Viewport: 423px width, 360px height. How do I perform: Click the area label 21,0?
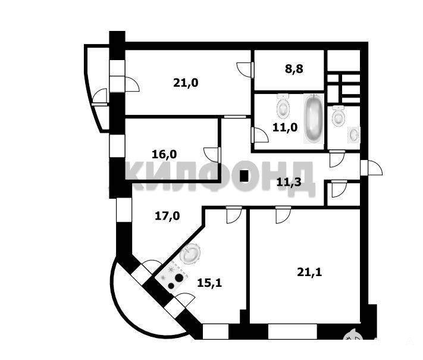(x=186, y=83)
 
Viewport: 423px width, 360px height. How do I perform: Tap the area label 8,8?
(x=294, y=68)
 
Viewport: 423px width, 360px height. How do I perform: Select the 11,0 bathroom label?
(x=284, y=127)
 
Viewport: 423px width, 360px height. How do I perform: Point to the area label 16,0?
(x=164, y=154)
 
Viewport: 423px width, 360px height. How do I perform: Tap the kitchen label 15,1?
(x=209, y=283)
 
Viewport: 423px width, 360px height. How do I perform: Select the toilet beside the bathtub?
(x=283, y=108)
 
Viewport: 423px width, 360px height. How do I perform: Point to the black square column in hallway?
(x=244, y=176)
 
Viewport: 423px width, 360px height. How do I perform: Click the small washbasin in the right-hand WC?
(x=354, y=134)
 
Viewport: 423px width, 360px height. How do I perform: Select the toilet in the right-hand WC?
(x=339, y=115)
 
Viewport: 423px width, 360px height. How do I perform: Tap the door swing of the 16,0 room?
(x=211, y=154)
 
